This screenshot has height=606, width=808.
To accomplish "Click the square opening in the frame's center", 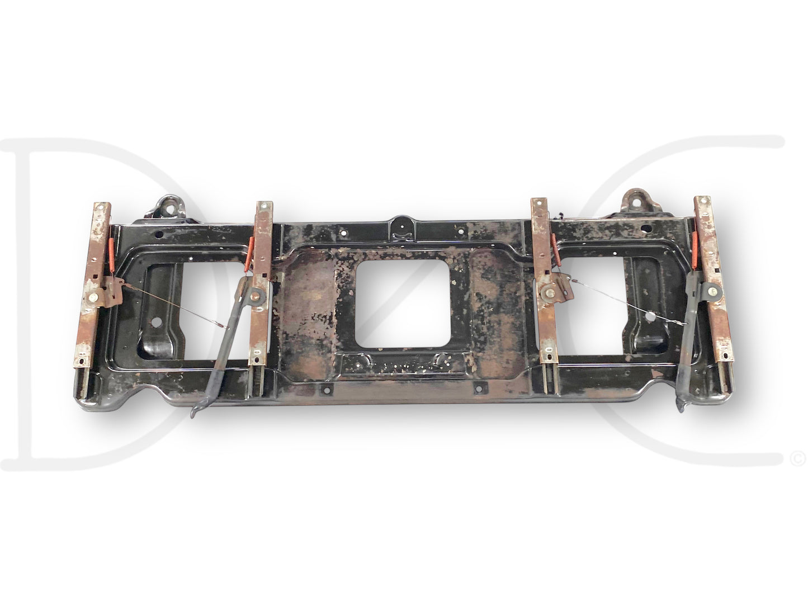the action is click(x=403, y=303).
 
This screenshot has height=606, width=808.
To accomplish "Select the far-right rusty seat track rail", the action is click(x=714, y=278).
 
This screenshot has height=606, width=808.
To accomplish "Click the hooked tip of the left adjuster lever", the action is click(x=193, y=413).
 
